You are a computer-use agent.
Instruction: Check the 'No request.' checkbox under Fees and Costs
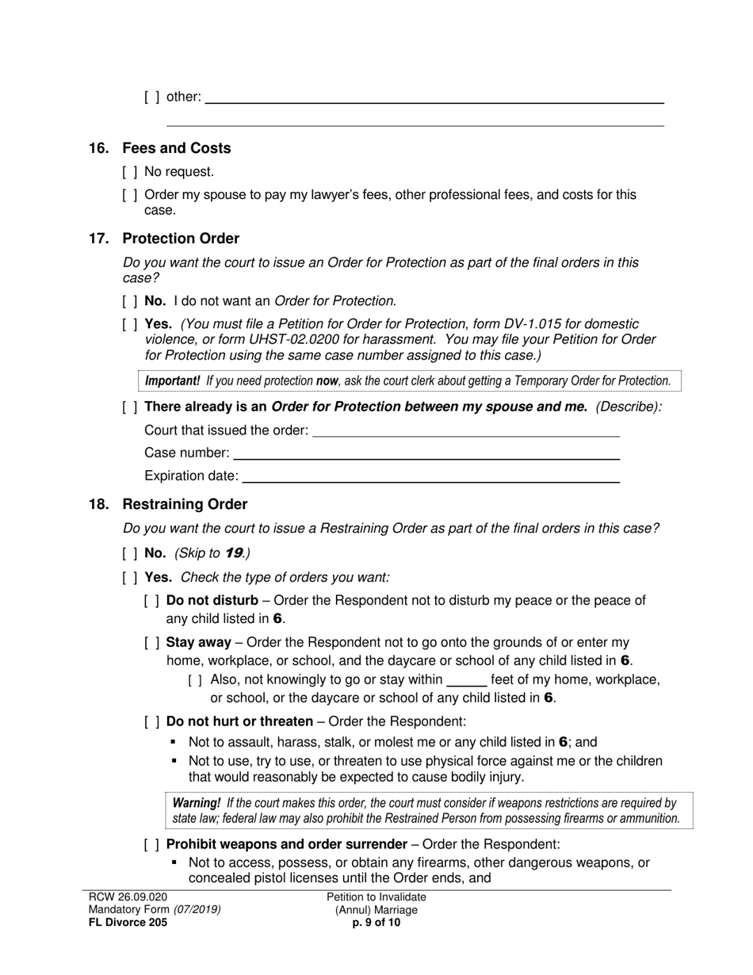click(130, 172)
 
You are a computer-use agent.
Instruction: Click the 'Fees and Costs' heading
click(176, 148)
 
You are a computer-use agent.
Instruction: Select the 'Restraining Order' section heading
click(184, 505)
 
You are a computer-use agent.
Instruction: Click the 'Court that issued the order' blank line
click(466, 431)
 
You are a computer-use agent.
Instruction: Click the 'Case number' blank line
click(426, 454)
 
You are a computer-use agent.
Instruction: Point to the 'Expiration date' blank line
click(430, 477)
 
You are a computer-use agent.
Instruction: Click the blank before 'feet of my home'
click(466, 680)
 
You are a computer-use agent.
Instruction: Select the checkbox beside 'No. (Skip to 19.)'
click(130, 554)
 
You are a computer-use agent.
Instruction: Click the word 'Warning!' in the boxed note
click(197, 803)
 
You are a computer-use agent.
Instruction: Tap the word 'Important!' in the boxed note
click(172, 381)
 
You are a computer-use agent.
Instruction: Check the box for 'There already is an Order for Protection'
click(130, 407)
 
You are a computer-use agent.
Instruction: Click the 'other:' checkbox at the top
click(152, 97)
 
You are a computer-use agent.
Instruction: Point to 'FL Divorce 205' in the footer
click(128, 923)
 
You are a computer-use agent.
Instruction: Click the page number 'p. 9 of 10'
click(376, 923)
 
